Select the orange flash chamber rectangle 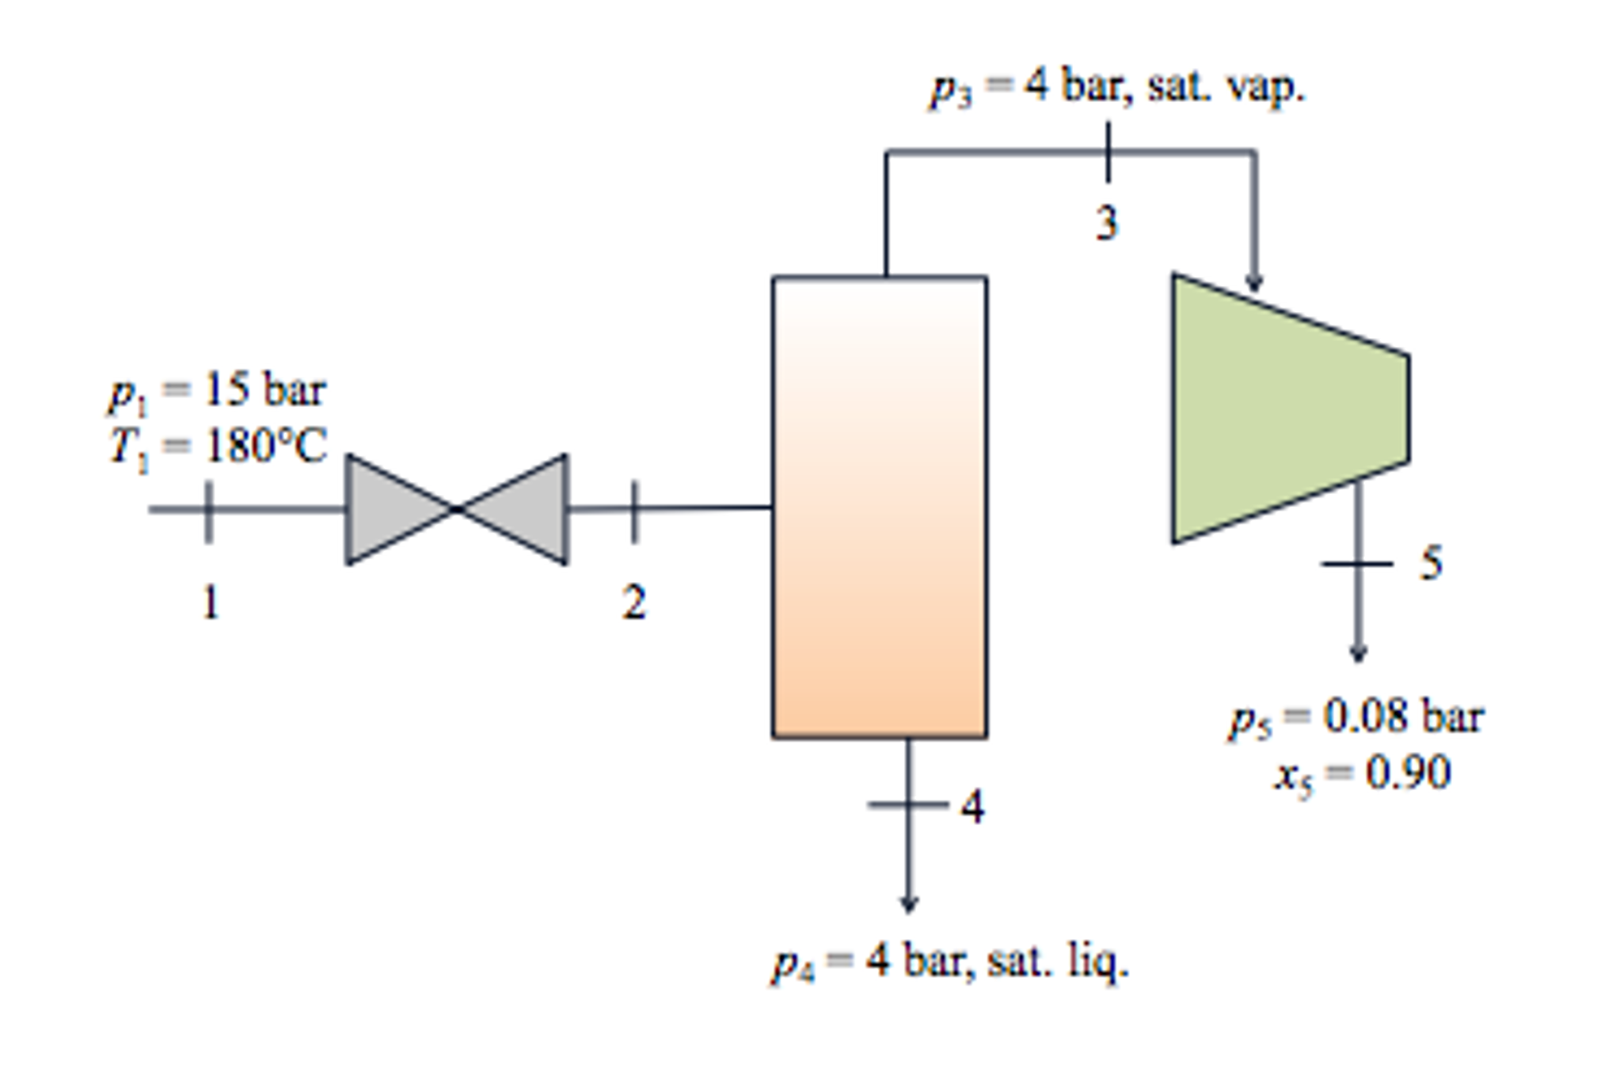[879, 507]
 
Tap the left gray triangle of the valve [392, 509]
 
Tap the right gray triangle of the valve [523, 509]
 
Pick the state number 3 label [1107, 222]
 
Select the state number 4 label [972, 807]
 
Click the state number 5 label [1431, 563]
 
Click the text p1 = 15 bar [217, 390]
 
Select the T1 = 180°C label [217, 447]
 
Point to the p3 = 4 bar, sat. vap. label [1116, 87]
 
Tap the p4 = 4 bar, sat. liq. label [950, 963]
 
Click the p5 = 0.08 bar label [1356, 717]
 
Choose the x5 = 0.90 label [1362, 773]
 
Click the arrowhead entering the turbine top [1253, 283]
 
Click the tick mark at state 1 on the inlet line [208, 511]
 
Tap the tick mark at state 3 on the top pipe [1108, 151]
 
